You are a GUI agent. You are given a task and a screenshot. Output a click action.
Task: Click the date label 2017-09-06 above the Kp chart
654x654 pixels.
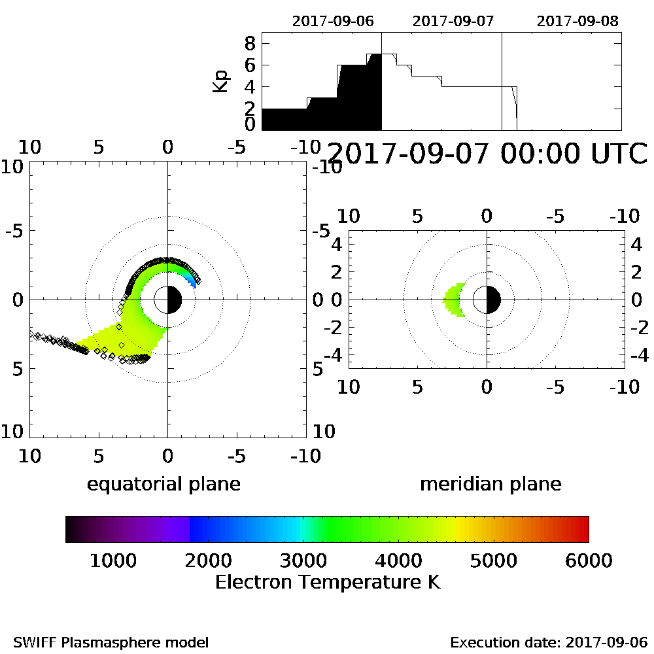pos(333,20)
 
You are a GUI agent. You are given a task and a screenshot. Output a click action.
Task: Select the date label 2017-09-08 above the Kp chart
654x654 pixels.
pos(577,20)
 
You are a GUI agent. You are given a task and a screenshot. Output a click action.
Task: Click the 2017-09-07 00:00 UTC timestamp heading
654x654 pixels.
pos(487,154)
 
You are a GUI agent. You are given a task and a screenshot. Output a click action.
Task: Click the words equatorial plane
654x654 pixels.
pos(163,484)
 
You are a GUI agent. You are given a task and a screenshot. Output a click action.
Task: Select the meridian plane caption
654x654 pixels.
pos(490,484)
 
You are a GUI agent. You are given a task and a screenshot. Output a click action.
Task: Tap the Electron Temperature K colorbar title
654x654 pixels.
pos(327,581)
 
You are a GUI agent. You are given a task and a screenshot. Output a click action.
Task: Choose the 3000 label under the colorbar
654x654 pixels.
pos(302,560)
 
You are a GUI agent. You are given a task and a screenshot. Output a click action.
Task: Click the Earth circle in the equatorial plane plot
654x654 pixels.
pos(168,300)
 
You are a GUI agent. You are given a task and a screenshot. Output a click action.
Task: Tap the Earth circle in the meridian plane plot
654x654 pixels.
pos(487,300)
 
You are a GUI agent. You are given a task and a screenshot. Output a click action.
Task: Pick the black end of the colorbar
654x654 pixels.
pos(71,529)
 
